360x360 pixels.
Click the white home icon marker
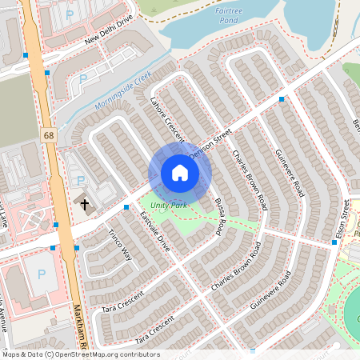(180, 173)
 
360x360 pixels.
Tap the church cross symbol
(85, 204)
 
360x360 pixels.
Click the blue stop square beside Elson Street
(334, 242)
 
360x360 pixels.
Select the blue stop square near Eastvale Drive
(126, 207)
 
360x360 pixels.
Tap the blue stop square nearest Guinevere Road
(282, 99)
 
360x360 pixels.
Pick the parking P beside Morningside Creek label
(83, 79)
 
